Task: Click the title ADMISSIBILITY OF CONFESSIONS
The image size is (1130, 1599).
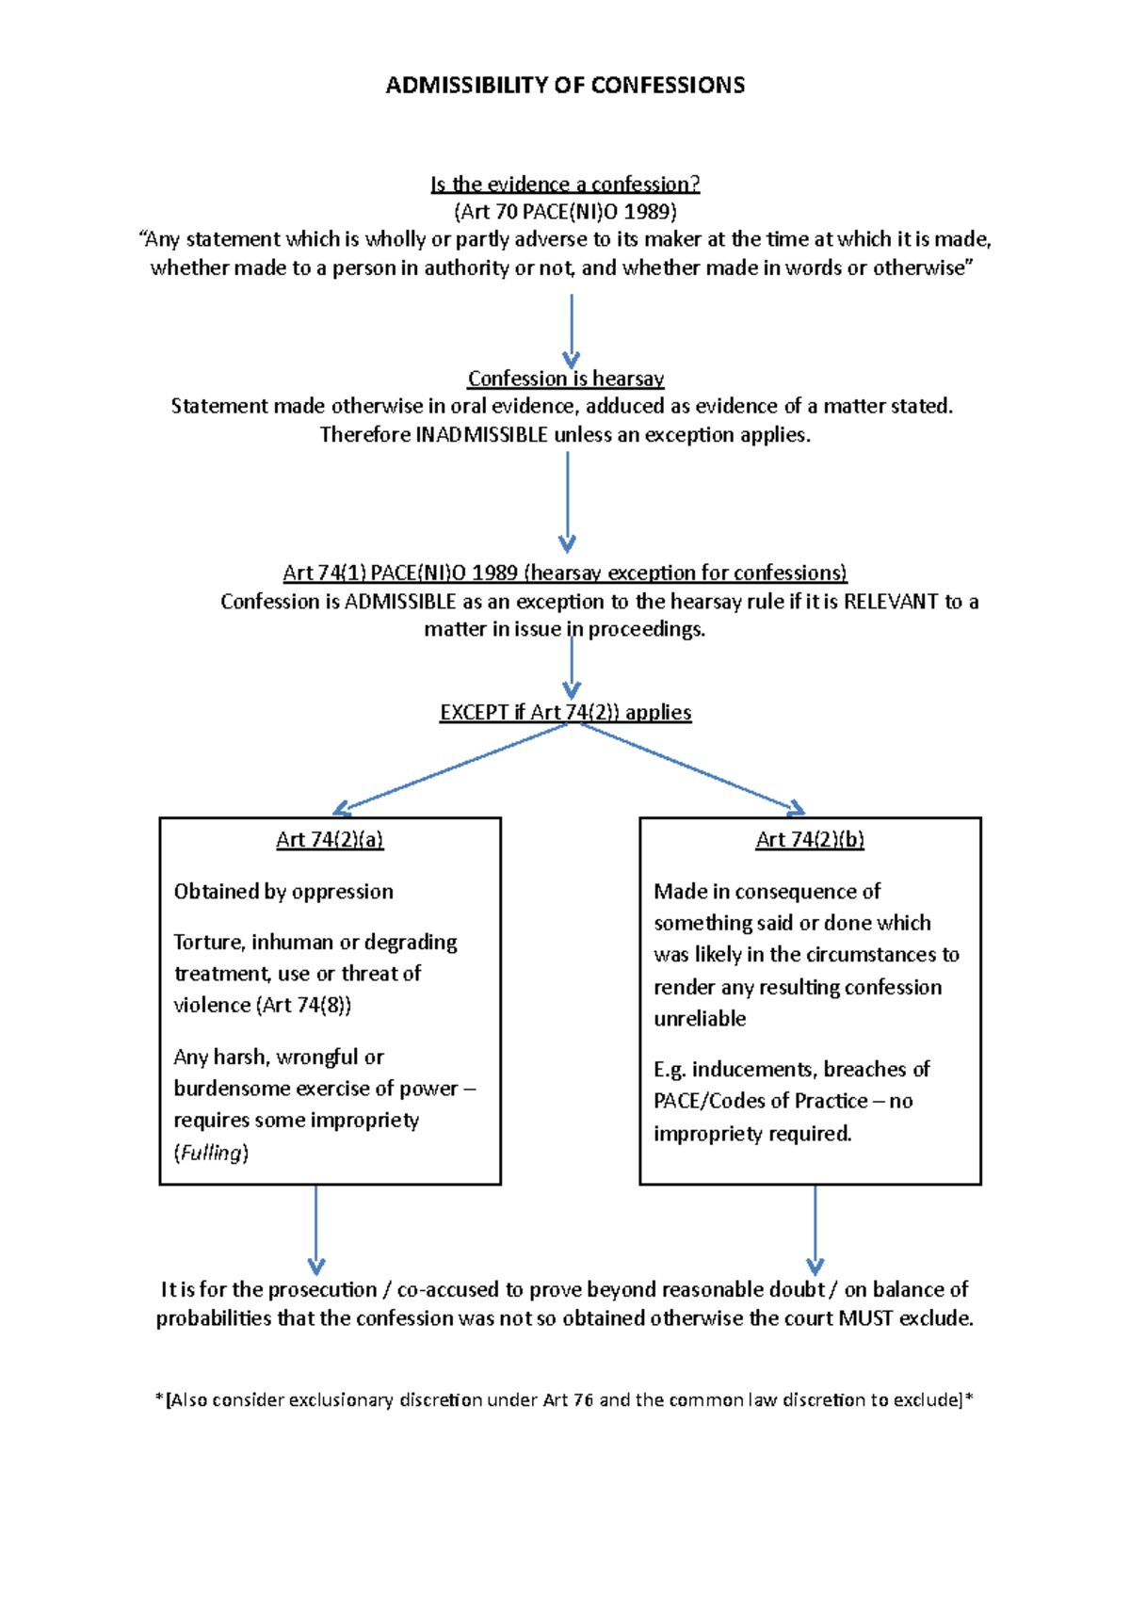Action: [x=565, y=86]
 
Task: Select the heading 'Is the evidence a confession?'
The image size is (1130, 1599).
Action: [x=565, y=184]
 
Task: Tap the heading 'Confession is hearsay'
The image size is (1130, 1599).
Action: [x=565, y=379]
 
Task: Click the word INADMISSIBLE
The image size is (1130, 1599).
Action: [x=481, y=435]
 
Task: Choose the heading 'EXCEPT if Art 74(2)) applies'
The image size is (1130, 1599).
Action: [x=565, y=713]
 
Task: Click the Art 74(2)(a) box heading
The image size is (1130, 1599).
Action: [x=330, y=840]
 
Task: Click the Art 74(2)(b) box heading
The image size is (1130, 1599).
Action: [x=810, y=840]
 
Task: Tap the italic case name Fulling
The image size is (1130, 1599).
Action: [x=212, y=1153]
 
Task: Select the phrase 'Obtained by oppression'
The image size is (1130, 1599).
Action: [x=283, y=892]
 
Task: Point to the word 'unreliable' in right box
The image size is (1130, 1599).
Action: [x=700, y=1019]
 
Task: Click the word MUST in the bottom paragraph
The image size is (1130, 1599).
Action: [x=864, y=1318]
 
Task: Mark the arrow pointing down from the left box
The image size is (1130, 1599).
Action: [x=316, y=1229]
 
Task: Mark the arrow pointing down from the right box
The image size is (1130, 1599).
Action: [x=815, y=1229]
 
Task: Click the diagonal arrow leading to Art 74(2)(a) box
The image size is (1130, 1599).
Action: [x=452, y=767]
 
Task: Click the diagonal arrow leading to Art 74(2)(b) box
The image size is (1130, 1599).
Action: [x=692, y=767]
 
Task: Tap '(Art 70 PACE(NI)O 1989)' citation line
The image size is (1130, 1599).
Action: [x=565, y=212]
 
